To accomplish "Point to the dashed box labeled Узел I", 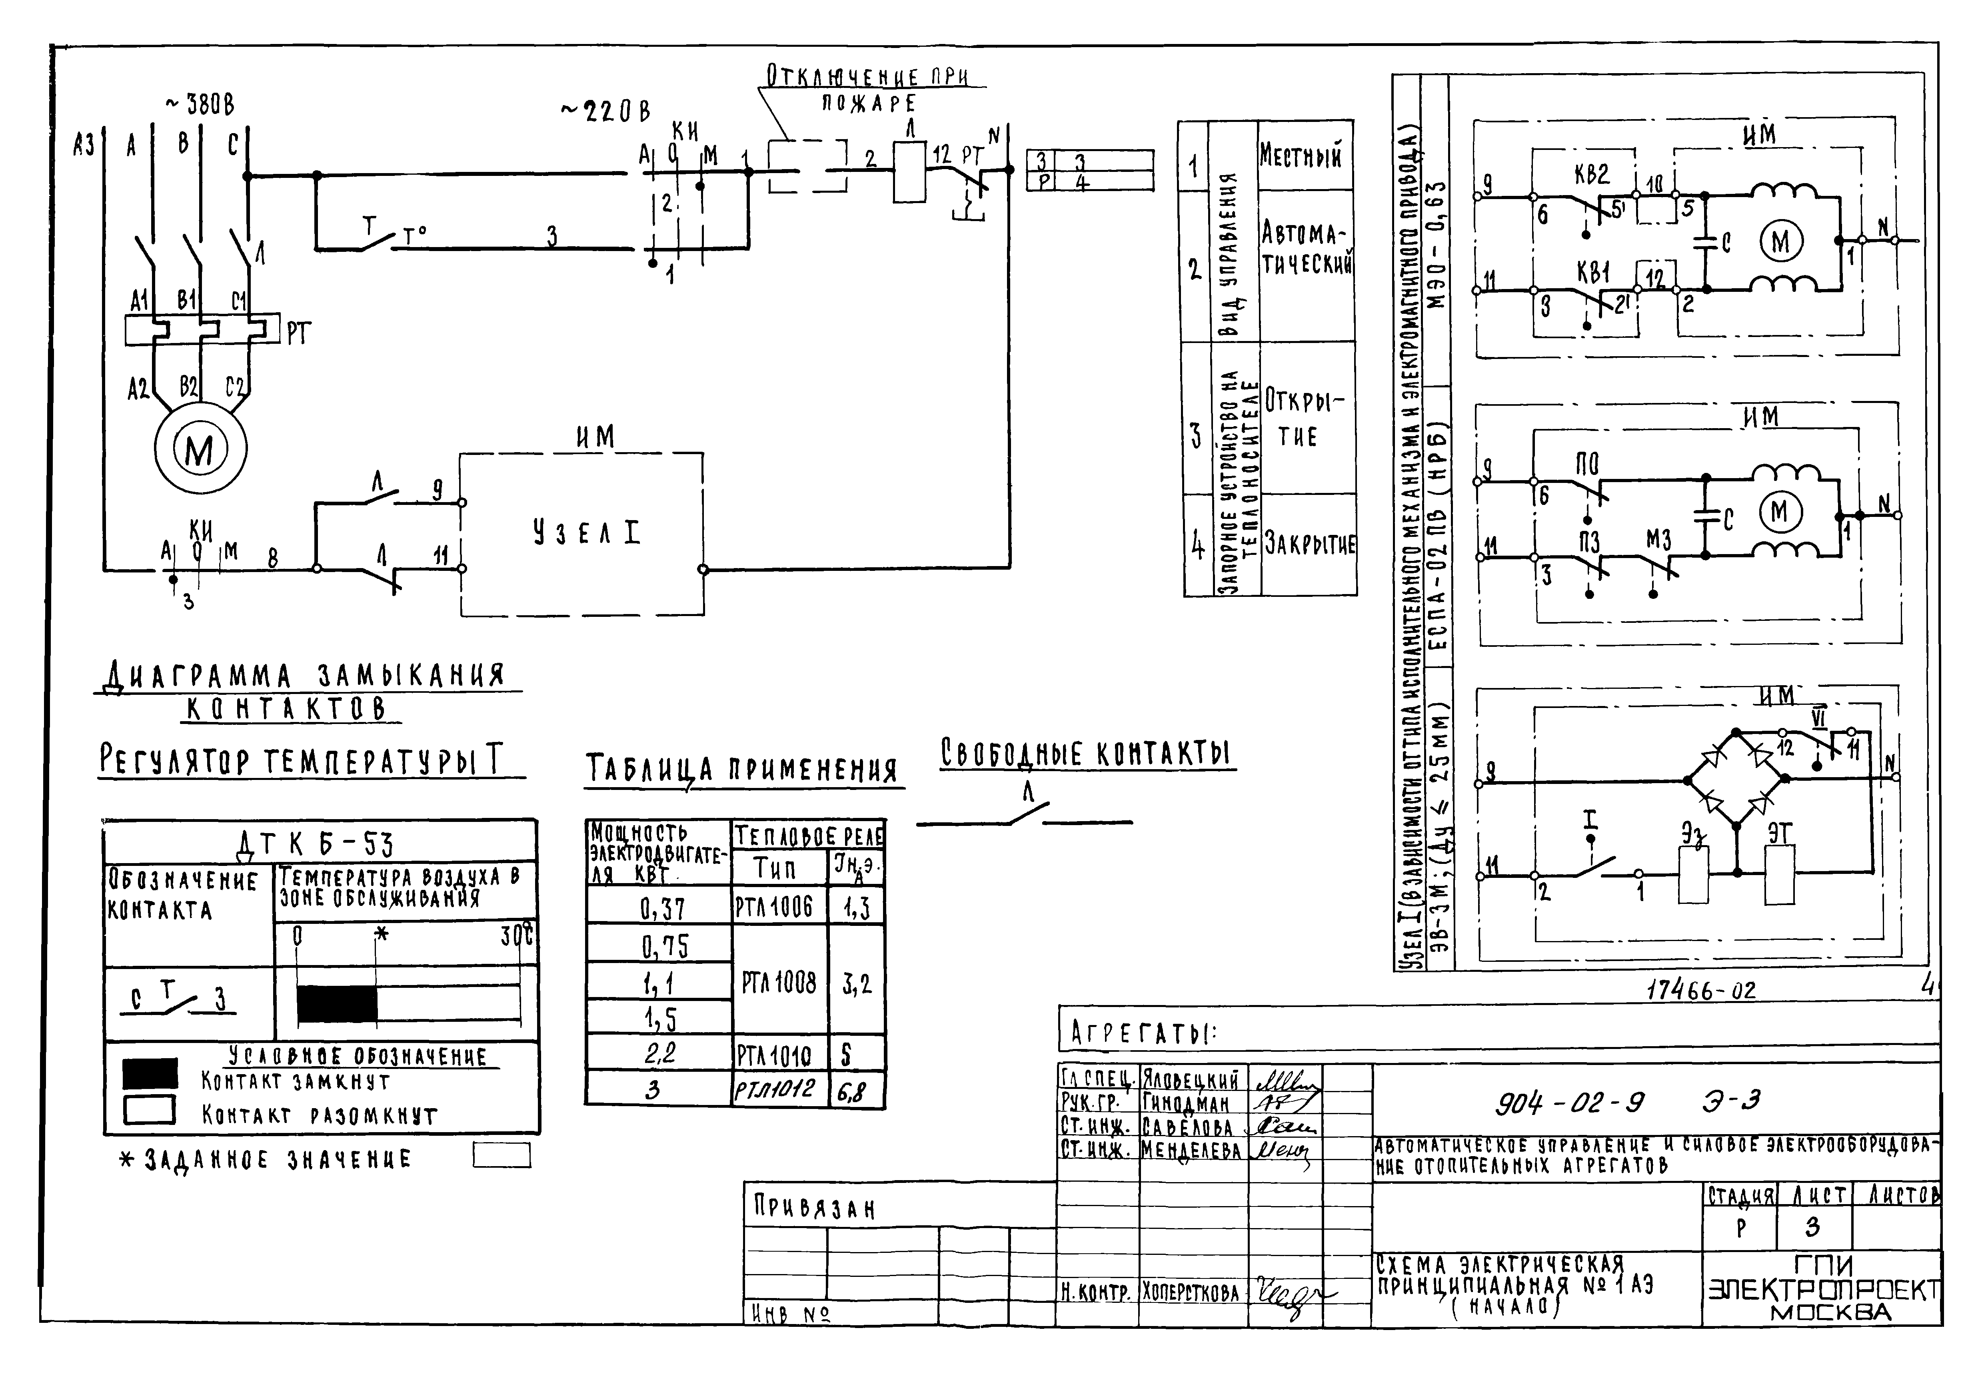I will coord(582,534).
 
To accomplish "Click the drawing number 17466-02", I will coord(1701,990).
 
